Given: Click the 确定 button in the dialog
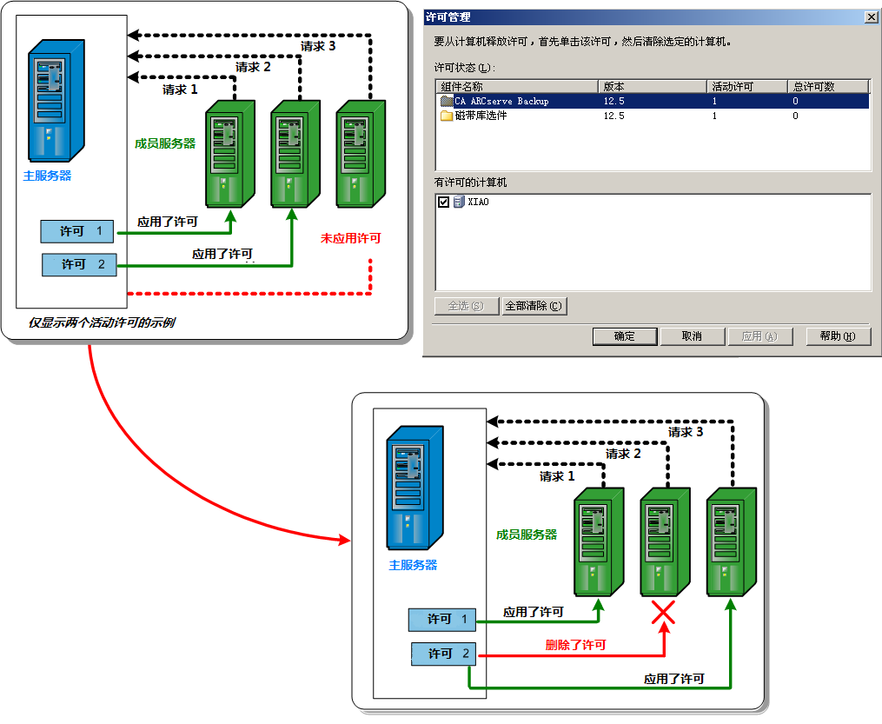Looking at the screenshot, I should click(624, 336).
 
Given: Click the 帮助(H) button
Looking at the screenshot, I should click(837, 336).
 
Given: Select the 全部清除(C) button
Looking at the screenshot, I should click(534, 306).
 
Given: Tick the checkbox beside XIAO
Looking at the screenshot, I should click(444, 202).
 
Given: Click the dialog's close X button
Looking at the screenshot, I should click(871, 17).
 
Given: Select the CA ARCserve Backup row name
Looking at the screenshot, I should click(501, 101).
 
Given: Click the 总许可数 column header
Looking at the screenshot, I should click(813, 86).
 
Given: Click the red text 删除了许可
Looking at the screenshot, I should click(575, 645).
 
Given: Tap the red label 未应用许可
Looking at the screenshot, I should click(350, 238).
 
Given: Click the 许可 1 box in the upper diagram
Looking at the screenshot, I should click(77, 231).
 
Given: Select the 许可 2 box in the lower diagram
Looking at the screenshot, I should click(441, 654).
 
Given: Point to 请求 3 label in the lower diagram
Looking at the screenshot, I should click(685, 432).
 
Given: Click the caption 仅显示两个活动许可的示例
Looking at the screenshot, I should click(101, 322).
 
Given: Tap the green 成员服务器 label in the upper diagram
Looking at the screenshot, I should click(165, 143).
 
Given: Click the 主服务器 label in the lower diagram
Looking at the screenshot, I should click(413, 565).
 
